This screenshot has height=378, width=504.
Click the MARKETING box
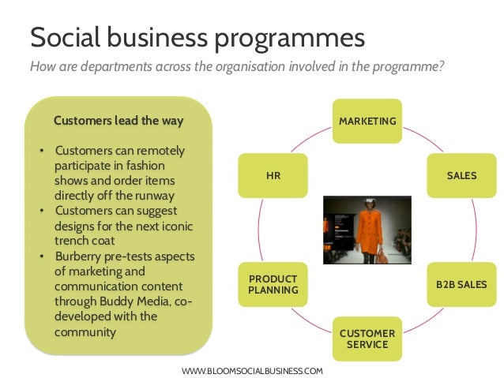(x=367, y=121)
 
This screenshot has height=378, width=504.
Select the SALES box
(x=461, y=175)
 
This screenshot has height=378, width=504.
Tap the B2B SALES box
(x=461, y=284)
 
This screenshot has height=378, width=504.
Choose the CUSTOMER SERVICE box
(x=367, y=339)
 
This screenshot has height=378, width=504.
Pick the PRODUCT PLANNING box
(x=273, y=284)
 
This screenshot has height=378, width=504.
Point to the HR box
(x=273, y=175)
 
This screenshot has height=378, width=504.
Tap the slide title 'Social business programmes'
(x=197, y=37)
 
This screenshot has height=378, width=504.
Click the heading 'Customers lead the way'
(x=118, y=121)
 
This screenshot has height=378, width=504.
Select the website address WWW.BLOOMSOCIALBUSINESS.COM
(x=253, y=369)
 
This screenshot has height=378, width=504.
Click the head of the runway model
(x=369, y=204)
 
